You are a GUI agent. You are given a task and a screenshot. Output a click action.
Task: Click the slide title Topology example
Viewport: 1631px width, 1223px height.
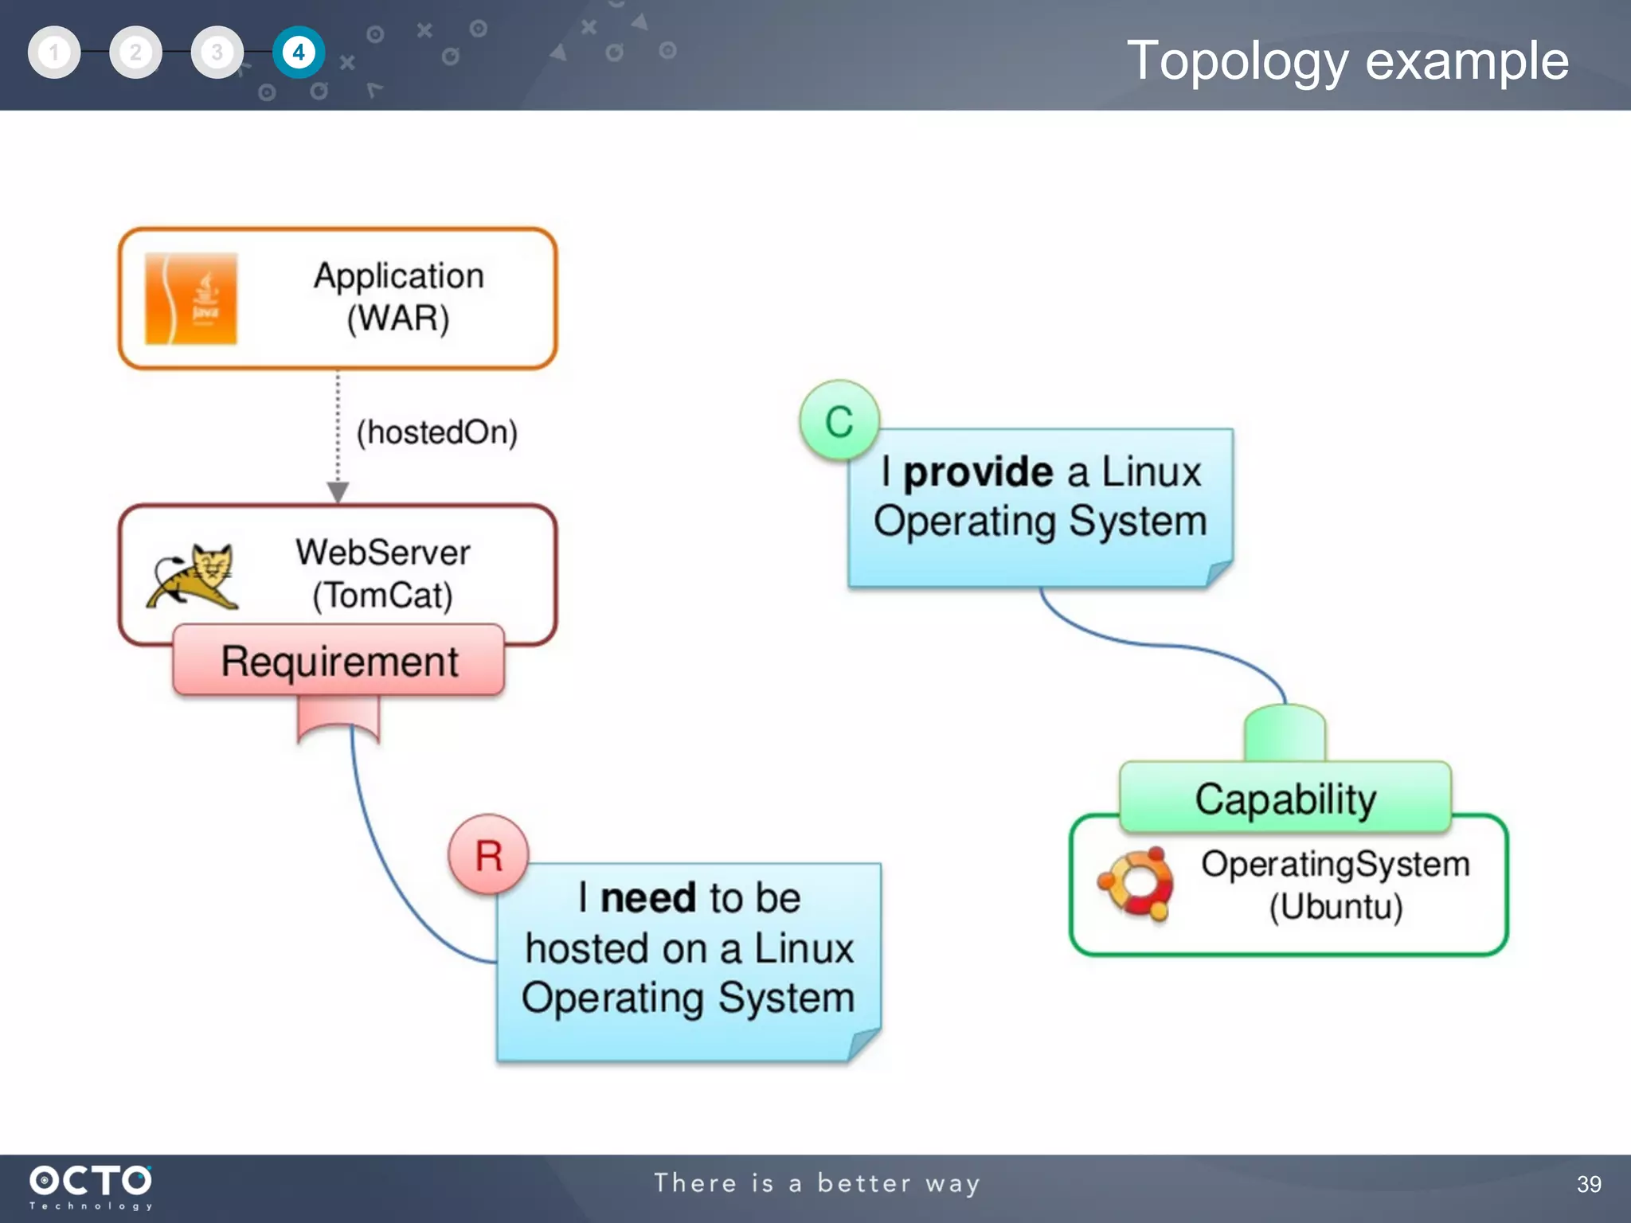pos(1347,61)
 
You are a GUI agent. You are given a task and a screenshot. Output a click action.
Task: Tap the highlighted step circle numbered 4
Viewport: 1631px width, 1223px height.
pos(299,53)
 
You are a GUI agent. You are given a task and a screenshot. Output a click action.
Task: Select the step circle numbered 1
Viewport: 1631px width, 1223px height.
pos(54,53)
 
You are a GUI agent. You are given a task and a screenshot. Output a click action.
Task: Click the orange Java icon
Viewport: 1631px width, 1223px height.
pos(191,299)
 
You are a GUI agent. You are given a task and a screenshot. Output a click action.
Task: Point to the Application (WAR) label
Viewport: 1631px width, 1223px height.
pos(398,297)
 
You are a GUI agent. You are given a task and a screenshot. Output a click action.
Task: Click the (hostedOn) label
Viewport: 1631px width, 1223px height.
pos(436,432)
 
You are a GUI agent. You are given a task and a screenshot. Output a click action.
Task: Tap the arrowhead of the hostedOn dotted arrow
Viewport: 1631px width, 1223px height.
pos(338,492)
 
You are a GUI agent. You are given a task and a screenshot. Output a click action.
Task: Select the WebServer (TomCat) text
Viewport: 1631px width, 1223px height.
pos(383,573)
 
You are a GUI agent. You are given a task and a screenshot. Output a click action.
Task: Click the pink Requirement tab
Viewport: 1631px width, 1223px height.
pos(338,661)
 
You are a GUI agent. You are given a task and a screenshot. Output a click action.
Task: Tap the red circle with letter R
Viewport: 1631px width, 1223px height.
pos(488,855)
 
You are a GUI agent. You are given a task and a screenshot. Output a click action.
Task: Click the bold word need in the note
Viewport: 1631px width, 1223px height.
pos(648,898)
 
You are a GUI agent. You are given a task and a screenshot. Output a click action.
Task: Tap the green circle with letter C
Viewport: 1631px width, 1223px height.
pos(839,420)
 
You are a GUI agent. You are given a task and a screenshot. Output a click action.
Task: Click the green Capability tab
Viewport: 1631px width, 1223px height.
pos(1285,798)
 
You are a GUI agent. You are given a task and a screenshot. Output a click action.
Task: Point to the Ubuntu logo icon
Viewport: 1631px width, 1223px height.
pos(1135,884)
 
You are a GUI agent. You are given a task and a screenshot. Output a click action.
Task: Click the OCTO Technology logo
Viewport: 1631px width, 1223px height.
pos(90,1186)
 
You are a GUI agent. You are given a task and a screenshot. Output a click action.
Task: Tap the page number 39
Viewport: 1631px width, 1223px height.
pos(1588,1184)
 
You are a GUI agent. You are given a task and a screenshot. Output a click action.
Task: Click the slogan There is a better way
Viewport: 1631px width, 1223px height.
pos(816,1183)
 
